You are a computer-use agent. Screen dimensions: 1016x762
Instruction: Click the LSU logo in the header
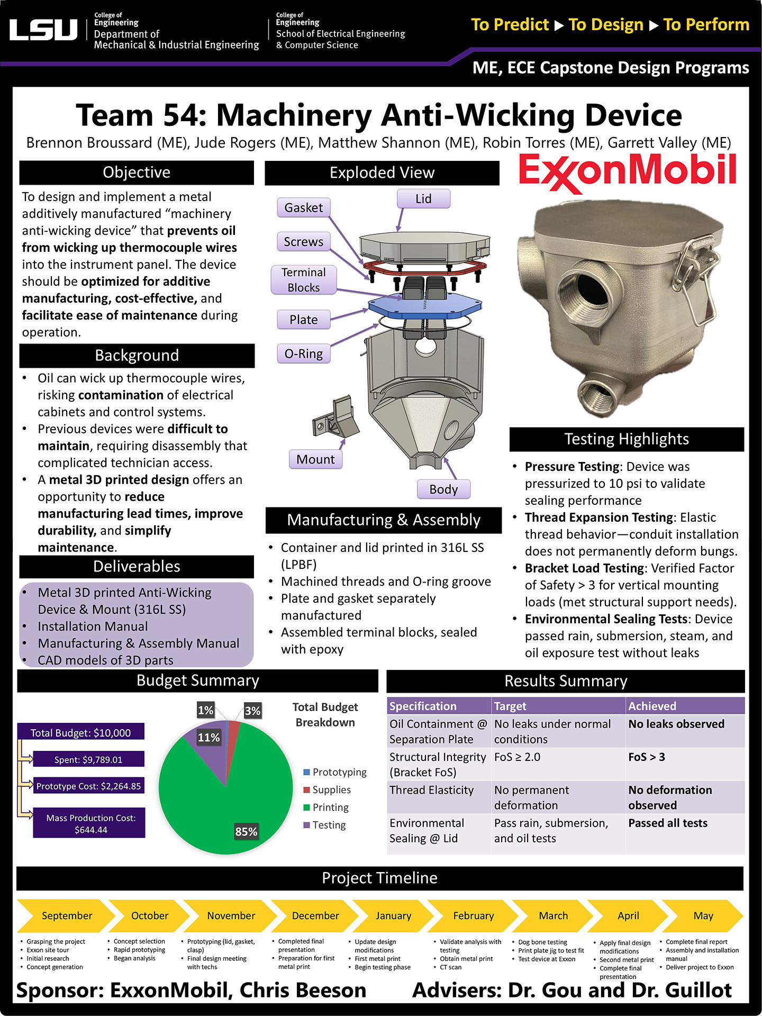[x=43, y=30]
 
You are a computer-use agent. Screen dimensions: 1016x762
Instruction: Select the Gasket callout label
[x=303, y=207]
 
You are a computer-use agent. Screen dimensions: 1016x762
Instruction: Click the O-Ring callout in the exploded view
[x=303, y=353]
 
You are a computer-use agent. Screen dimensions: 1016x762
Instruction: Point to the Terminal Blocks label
[x=303, y=280]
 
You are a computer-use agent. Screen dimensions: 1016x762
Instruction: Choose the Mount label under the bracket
[x=315, y=459]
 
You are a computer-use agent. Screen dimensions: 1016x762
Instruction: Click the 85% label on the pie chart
[x=246, y=831]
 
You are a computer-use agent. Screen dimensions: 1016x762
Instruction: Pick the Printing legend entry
[x=330, y=808]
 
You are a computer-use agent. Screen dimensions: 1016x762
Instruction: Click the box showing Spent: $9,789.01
[x=88, y=759]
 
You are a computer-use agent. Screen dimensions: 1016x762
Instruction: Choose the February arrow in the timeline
[x=473, y=915]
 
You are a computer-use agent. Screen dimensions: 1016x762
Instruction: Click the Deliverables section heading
[x=137, y=566]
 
